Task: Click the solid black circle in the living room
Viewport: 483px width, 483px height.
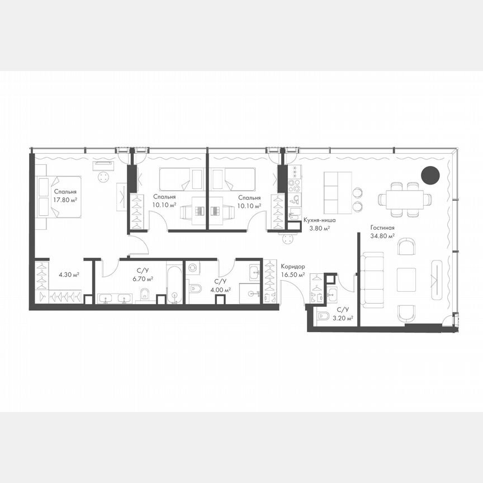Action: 430,175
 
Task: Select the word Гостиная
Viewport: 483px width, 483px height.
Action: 383,228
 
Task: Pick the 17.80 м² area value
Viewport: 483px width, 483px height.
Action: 65,199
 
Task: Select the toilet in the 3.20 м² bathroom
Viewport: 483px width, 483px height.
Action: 324,317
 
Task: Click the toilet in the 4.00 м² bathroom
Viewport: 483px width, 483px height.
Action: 195,289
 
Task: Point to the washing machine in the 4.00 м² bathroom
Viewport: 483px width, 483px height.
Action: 193,268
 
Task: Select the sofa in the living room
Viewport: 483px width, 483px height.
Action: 372,279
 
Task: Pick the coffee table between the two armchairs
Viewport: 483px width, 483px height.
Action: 406,280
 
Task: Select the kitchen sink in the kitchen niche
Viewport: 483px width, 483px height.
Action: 295,198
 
